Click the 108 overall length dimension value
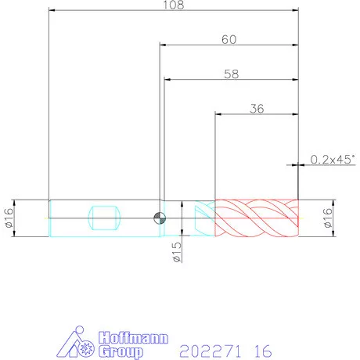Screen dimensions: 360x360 pyautogui.click(x=174, y=5)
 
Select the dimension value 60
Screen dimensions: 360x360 pyautogui.click(x=229, y=39)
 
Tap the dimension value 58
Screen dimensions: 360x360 pyautogui.click(x=231, y=74)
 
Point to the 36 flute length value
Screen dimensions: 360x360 pyautogui.click(x=257, y=109)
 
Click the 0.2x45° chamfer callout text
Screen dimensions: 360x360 pyautogui.click(x=333, y=160)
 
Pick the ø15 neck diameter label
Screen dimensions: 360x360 pyautogui.click(x=177, y=252)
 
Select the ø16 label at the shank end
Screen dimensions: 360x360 pyautogui.click(x=9, y=218)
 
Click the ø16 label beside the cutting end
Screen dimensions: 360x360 pyautogui.click(x=327, y=218)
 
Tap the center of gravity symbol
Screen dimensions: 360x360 pyautogui.click(x=160, y=218)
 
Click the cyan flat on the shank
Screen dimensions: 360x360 pyautogui.click(x=104, y=218)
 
